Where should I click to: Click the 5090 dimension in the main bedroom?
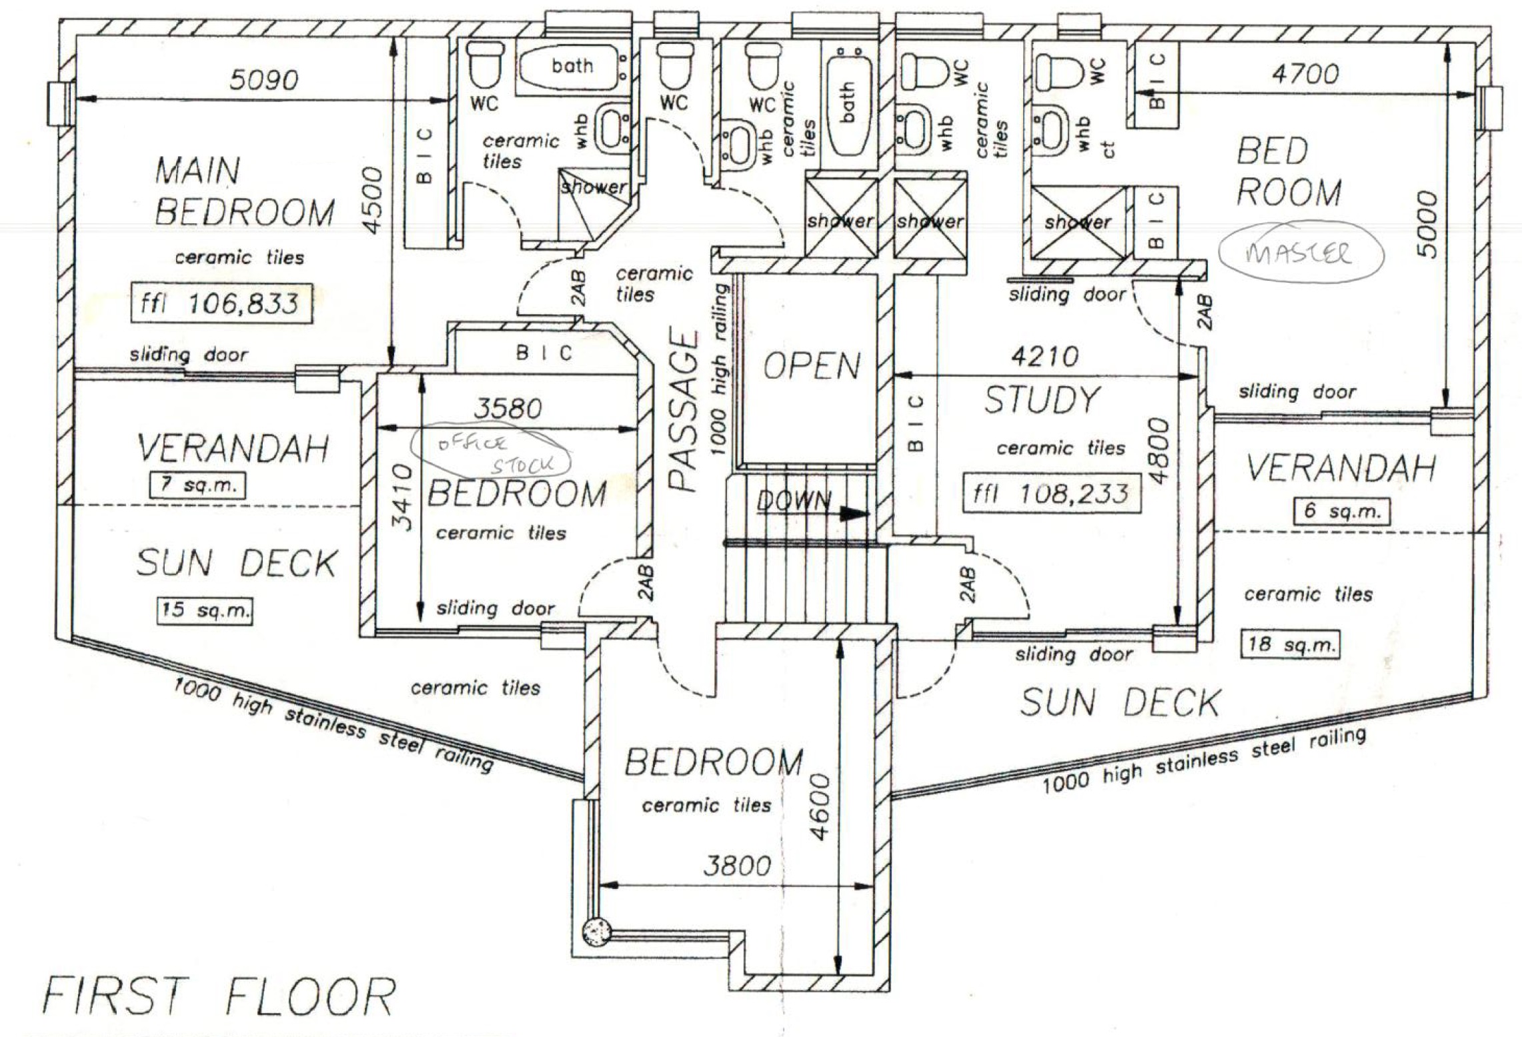coord(264,80)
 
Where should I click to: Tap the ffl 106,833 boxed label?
coord(220,305)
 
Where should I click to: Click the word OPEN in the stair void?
coord(812,366)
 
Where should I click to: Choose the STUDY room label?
coord(1041,401)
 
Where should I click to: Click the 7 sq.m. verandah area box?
coord(198,485)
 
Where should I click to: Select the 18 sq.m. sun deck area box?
coord(1290,644)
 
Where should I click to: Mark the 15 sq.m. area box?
coord(205,609)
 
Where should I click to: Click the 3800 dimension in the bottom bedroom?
coord(737,866)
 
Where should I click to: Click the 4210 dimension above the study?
coord(1044,357)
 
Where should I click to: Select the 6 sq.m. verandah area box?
coord(1342,511)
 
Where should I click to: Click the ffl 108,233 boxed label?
coord(1050,494)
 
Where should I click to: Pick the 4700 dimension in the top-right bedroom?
coord(1305,73)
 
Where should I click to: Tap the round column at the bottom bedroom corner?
coord(597,932)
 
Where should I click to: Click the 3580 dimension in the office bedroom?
coord(508,408)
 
